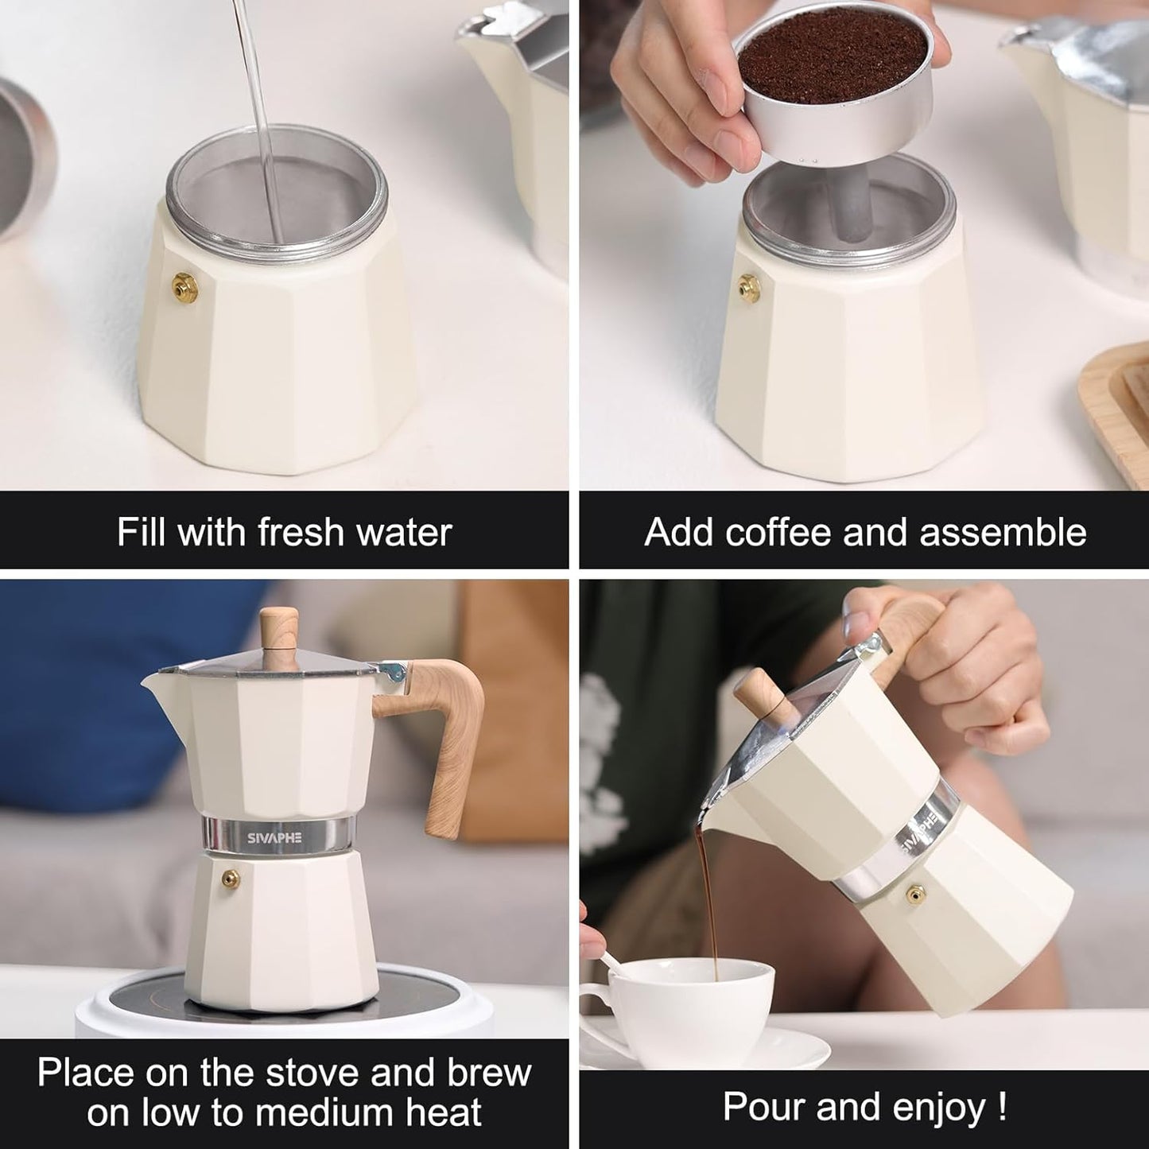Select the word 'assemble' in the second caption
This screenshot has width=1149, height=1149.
coord(1003,531)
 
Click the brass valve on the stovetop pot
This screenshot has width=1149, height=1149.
coord(231,877)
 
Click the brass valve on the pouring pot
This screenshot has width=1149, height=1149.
coord(915,895)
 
